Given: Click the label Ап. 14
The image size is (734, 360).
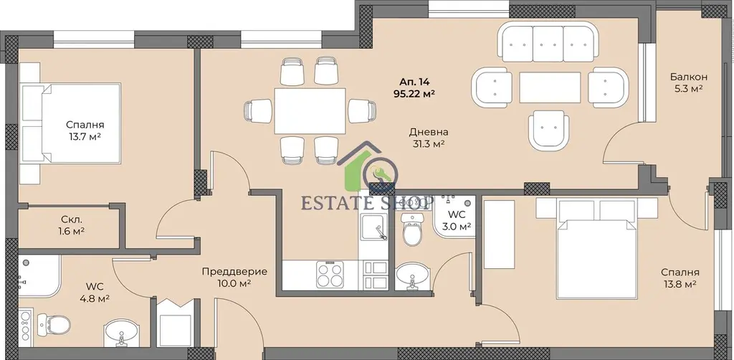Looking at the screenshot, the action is pos(415,82).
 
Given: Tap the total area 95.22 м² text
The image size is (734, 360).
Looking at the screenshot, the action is pos(415,94).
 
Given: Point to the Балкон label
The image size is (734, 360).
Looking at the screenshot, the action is pos(688,77).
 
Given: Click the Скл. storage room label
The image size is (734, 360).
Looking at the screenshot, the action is pos(72,219).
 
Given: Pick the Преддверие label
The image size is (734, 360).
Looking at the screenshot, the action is pos(234,272).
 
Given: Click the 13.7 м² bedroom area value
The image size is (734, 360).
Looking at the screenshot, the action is pos(85,137).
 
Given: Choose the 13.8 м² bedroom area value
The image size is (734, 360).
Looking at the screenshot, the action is pos(680,284).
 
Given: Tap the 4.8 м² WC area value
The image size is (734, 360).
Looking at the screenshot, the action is pos(95,298).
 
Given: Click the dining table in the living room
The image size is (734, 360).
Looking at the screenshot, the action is pos(310,111).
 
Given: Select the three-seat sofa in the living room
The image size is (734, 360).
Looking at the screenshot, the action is pos(547,42).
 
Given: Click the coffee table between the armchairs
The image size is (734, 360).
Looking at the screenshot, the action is pos(550,87).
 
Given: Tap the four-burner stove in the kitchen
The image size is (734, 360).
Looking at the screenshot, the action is pos(330,275).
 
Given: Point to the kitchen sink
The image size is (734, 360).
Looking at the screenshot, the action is pos(373,227).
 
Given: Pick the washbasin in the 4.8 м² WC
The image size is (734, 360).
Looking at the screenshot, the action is pos(121,333).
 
